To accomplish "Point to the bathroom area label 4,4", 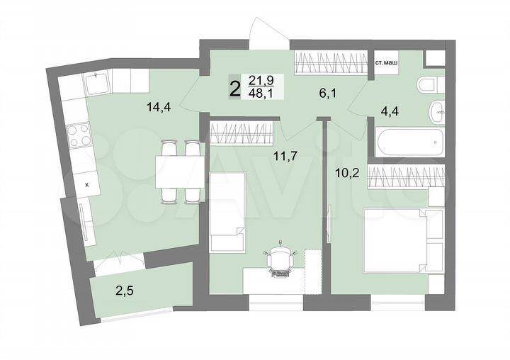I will [x=390, y=111].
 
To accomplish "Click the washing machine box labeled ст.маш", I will [x=386, y=62].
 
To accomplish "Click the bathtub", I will [x=410, y=142].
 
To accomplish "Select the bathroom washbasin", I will [x=437, y=111].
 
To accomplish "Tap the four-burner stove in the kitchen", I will [x=76, y=134].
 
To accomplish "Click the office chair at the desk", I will [x=281, y=260].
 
